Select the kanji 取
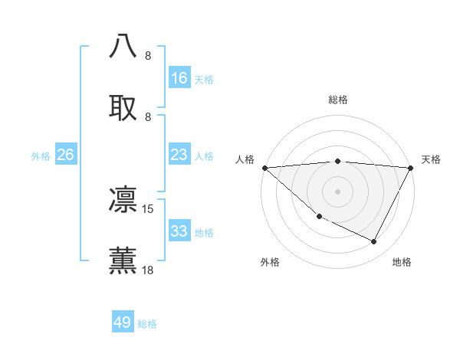point(123,106)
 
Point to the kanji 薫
point(123,260)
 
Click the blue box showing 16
point(179,78)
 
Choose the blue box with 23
point(179,155)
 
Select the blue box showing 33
point(179,231)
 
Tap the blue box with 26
point(65,155)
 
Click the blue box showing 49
point(123,322)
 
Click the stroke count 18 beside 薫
point(148,270)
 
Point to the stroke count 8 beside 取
point(148,116)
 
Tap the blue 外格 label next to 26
point(41,156)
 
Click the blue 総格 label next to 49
point(147,324)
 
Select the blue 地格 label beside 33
point(204,233)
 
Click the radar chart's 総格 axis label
point(337,100)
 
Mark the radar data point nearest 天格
point(411,167)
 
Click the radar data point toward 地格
point(374,242)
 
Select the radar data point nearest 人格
point(264,167)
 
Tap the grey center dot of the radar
point(337,191)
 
